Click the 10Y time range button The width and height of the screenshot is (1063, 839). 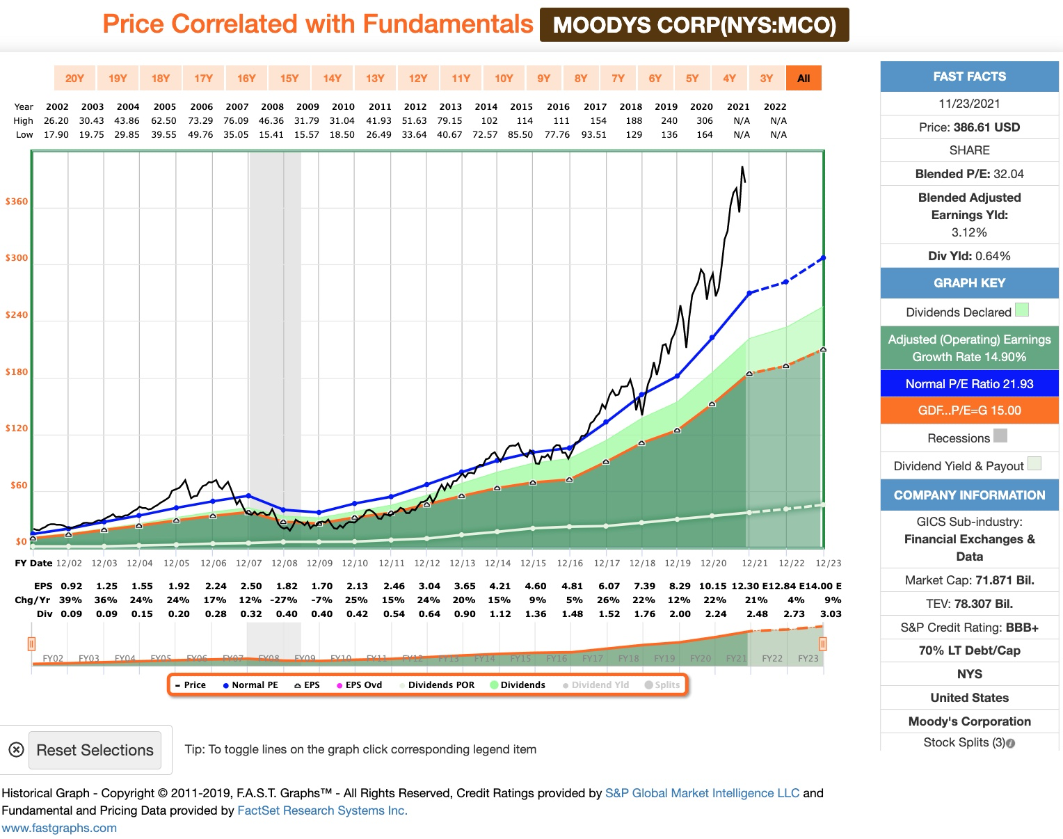[x=504, y=79]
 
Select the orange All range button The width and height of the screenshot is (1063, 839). [x=804, y=79]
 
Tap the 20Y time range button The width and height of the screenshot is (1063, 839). [x=74, y=79]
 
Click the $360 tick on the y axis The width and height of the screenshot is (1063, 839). [x=17, y=202]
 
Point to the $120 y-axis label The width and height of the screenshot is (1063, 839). [x=17, y=429]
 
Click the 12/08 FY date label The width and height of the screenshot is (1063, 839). [x=284, y=564]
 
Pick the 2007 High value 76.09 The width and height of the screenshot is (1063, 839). [x=236, y=121]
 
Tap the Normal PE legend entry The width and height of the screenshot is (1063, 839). [x=250, y=685]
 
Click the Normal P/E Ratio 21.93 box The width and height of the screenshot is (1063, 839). [x=969, y=384]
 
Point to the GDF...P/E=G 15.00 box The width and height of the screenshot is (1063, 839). [x=969, y=410]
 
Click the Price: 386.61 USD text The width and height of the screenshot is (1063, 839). [x=969, y=127]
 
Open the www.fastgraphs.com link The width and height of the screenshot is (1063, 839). [x=59, y=828]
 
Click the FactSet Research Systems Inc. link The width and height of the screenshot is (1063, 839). [x=322, y=810]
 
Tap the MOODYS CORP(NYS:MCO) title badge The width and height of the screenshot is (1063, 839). [x=694, y=25]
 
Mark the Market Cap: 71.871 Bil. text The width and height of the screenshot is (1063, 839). [x=969, y=580]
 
